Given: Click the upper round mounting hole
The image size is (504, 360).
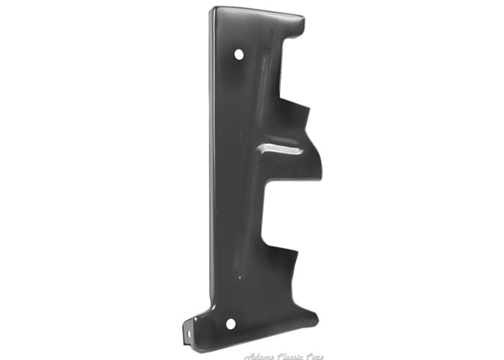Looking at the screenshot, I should point(239,54).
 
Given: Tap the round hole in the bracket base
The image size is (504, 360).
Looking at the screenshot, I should point(230,323).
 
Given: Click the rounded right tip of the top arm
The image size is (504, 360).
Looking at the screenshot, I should point(302,27).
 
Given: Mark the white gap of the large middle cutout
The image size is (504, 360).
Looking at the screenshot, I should point(288,216).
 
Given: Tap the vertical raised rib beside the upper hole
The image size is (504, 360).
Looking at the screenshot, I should point(262,79).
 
